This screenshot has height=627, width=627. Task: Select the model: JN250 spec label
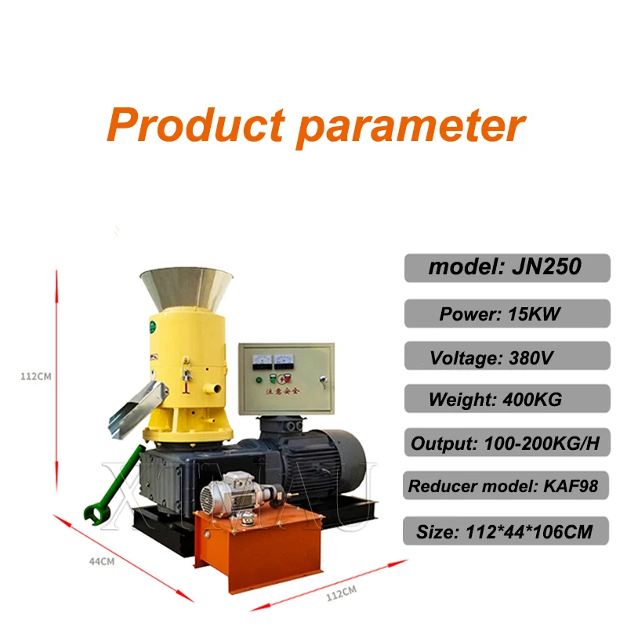coord(506,267)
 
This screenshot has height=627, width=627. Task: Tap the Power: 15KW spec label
coord(506,313)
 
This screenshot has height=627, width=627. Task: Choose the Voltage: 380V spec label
coord(506,357)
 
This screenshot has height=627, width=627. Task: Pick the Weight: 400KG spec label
coord(506,399)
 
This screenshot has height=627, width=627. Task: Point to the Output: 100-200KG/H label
coord(506,444)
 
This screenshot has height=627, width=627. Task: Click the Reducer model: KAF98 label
coord(506,487)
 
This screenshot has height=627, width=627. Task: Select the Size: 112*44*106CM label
coord(506,531)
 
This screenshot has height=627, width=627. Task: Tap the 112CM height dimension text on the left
coord(35,375)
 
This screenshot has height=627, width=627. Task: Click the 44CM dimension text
coord(101,561)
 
